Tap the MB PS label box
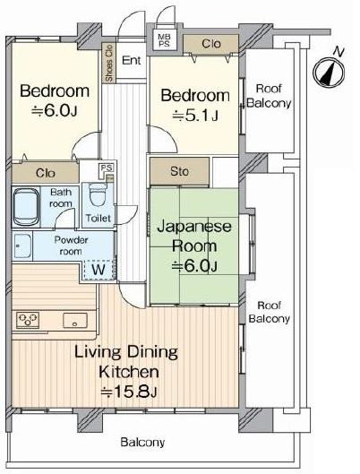(164, 39)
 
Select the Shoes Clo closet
(108, 63)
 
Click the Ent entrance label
(132, 60)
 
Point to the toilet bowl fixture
(98, 195)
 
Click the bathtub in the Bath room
(26, 207)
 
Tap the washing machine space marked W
(99, 269)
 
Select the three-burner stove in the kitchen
(28, 320)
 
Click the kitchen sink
(75, 321)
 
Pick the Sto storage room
(179, 171)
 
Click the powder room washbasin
(22, 246)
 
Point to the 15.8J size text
(129, 392)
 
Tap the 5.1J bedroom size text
(195, 116)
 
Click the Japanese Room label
(194, 237)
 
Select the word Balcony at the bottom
(142, 443)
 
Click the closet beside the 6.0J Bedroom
(46, 173)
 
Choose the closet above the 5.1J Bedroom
(211, 44)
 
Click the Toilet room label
(99, 218)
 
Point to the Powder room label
(71, 246)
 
